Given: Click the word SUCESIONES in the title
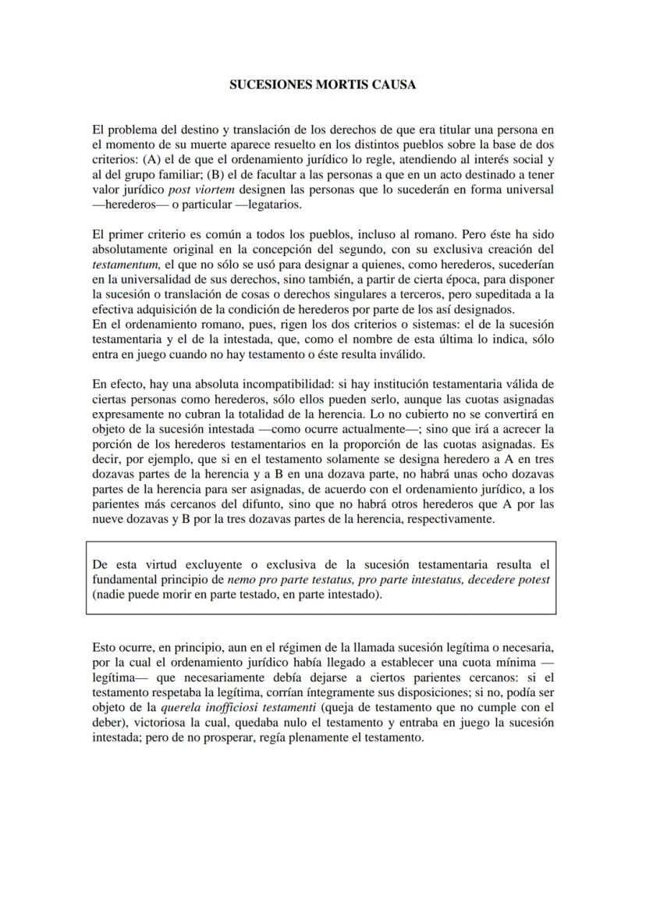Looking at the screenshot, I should point(264,84).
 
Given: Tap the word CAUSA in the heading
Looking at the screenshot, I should point(395,84).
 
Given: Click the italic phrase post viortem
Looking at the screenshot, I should point(198,190).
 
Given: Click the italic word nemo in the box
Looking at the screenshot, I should point(241,580).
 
